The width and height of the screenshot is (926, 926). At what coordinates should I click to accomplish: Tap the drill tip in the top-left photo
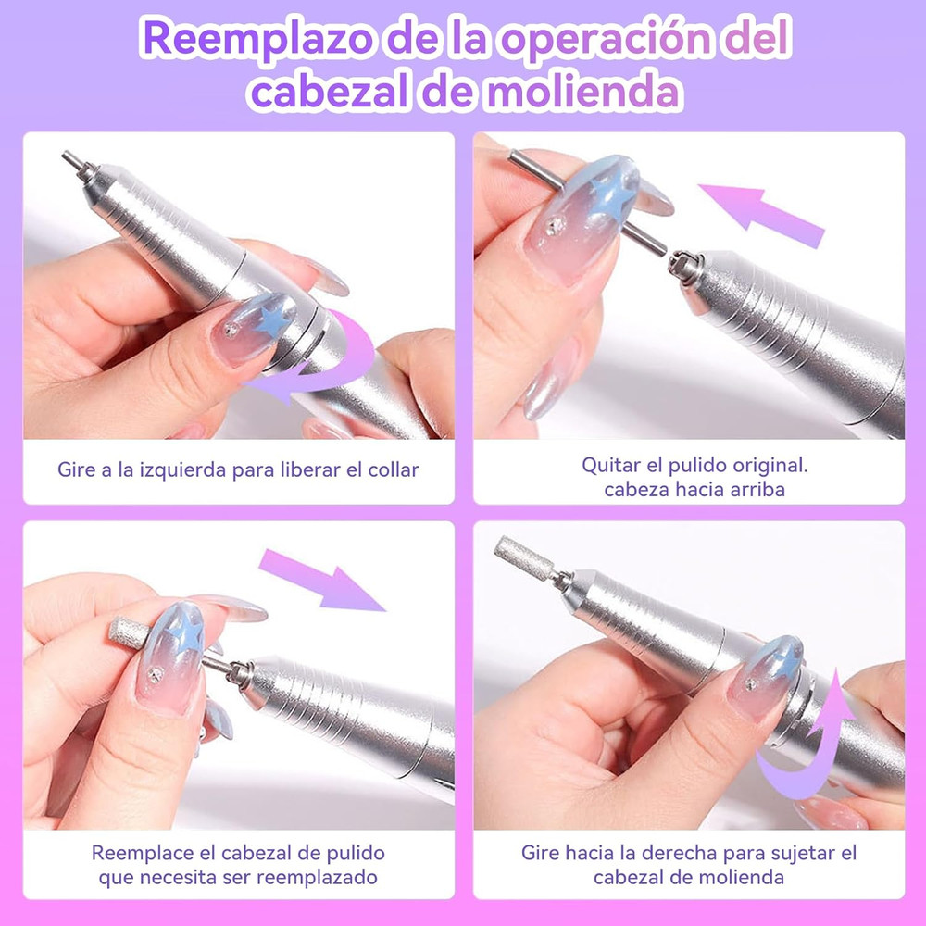(x=74, y=162)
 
